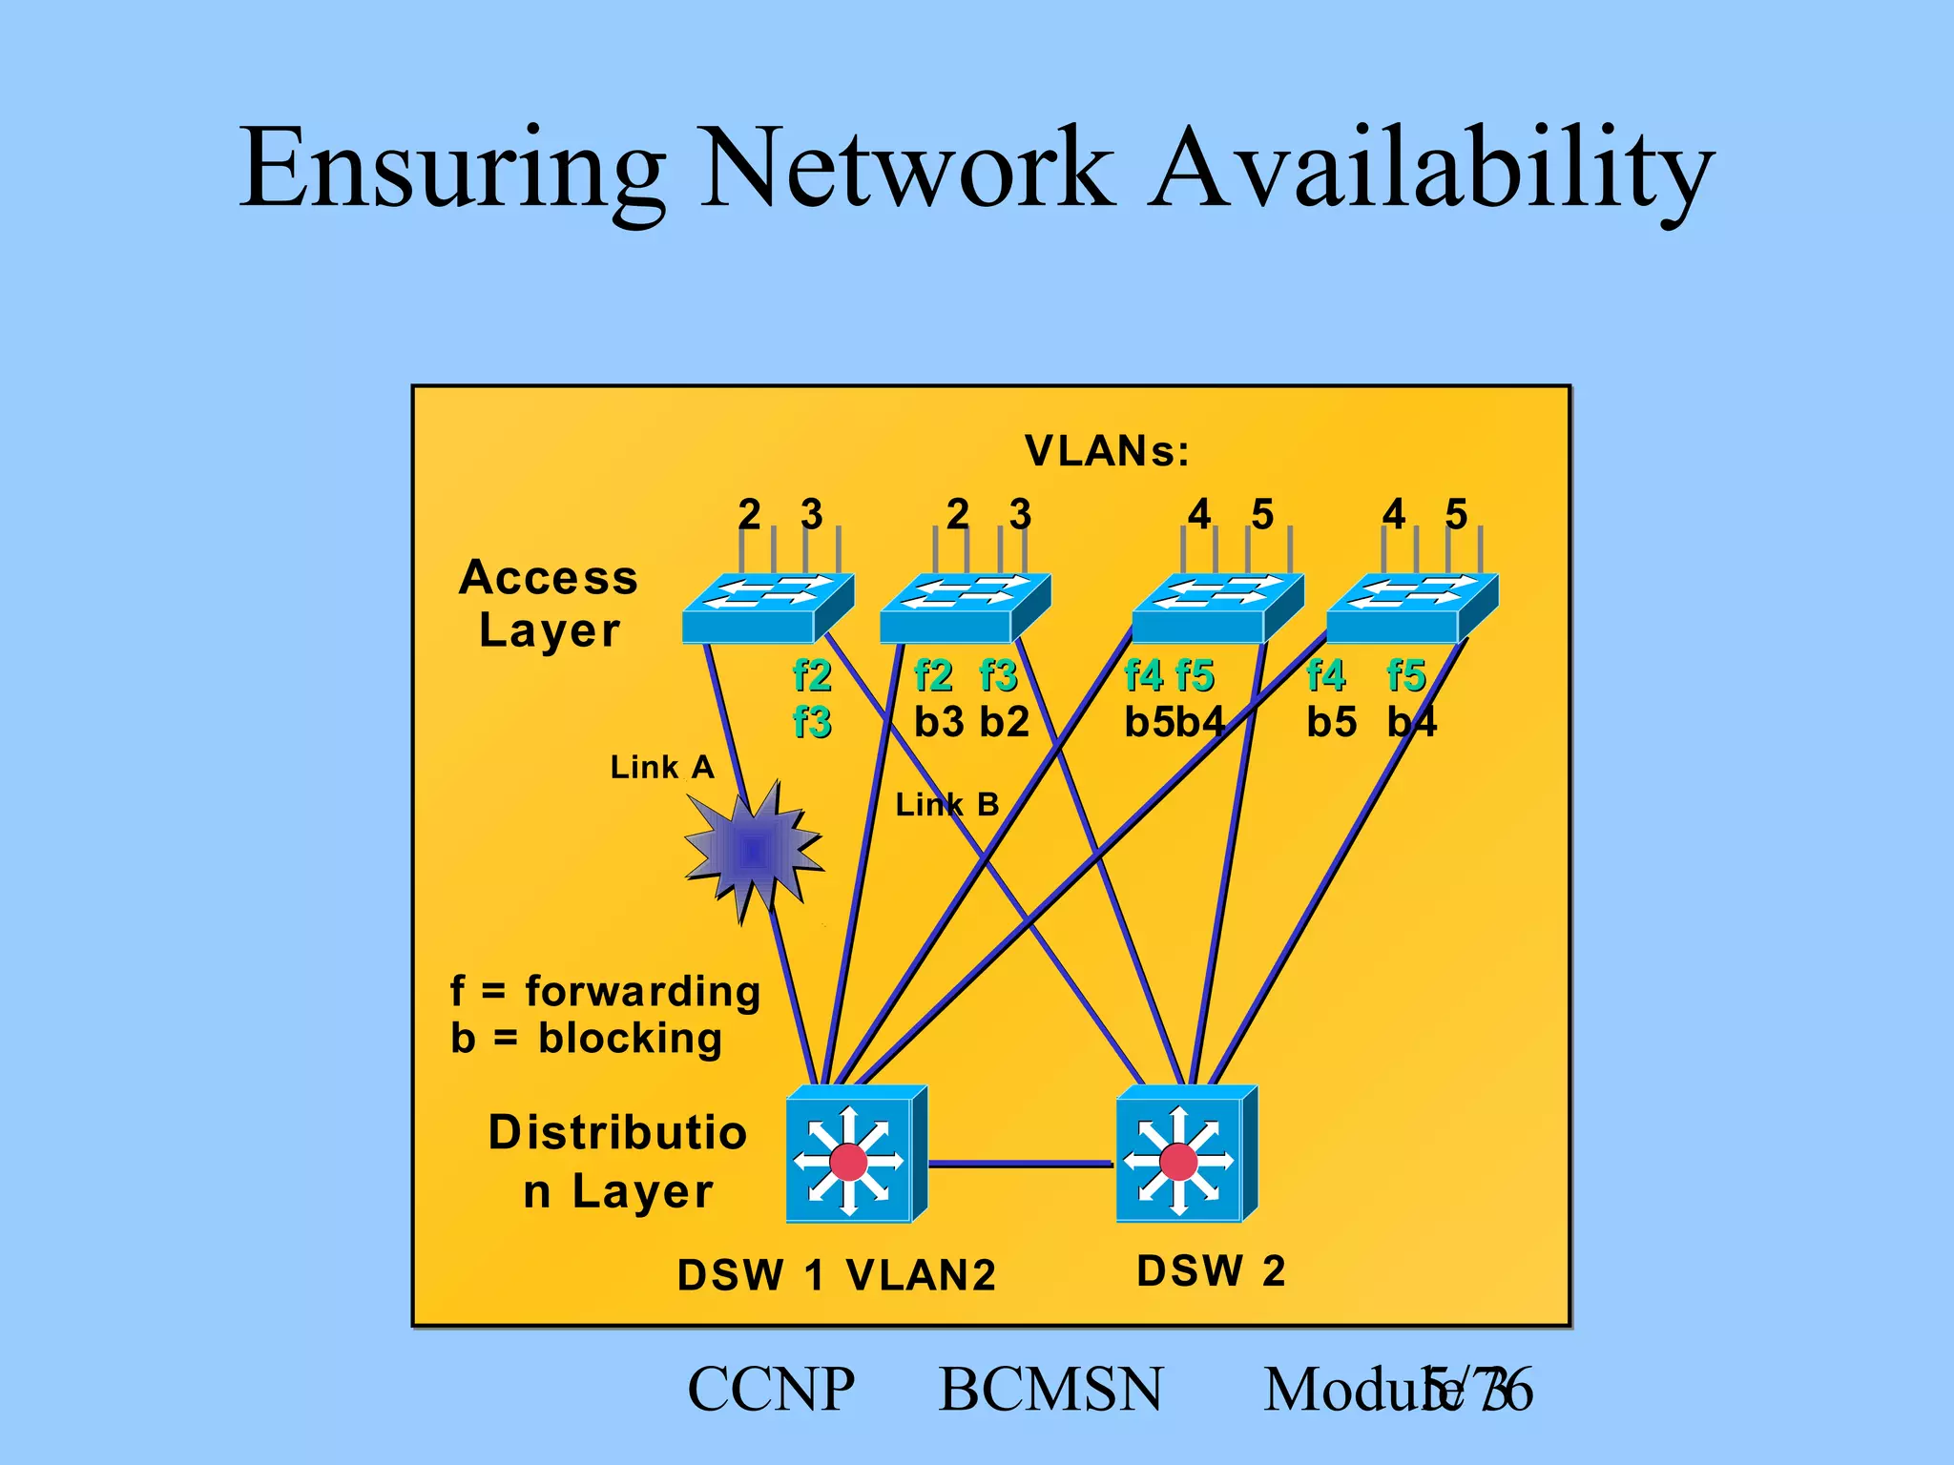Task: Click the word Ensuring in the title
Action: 452,169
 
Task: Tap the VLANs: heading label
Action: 1107,451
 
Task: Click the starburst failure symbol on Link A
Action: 753,850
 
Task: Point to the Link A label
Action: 662,767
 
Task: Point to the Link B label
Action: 946,805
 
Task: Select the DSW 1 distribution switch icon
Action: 855,1155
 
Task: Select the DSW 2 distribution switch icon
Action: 1186,1155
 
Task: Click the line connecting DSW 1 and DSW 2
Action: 1020,1164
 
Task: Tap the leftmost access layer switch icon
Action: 767,608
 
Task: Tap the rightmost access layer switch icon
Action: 1411,608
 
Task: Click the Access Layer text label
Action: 549,604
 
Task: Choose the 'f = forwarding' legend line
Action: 605,992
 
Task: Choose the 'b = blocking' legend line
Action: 586,1038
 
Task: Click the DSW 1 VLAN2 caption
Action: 836,1275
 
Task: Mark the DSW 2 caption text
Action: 1211,1271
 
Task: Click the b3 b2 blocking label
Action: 971,722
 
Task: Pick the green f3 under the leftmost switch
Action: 812,722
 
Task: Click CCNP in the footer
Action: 771,1390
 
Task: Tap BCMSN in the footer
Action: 1050,1390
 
